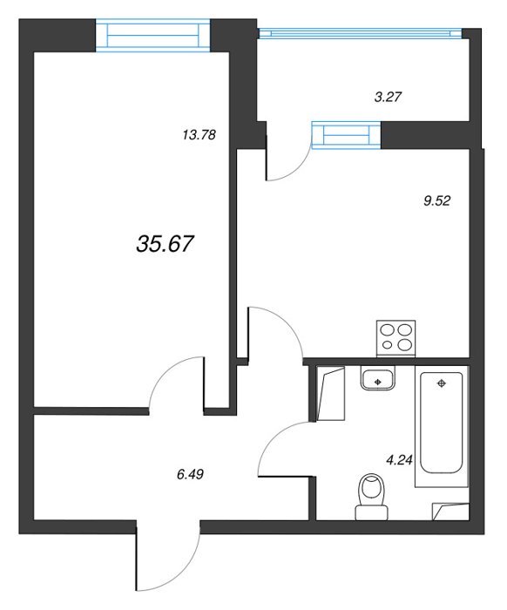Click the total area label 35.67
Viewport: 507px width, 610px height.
165,245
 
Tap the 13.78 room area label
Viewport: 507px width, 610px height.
199,135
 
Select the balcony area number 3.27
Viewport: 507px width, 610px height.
388,97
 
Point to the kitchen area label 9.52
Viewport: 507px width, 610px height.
436,200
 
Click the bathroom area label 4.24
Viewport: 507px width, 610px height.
399,461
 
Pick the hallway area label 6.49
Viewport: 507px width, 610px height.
190,474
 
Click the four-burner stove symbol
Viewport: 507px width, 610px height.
395,338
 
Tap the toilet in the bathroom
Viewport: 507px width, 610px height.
371,497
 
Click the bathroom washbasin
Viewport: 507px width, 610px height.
377,378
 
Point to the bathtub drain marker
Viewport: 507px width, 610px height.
442,383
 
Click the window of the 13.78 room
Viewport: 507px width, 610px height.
152,37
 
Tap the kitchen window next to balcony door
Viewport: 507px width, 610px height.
347,134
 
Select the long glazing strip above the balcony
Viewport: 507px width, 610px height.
361,33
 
